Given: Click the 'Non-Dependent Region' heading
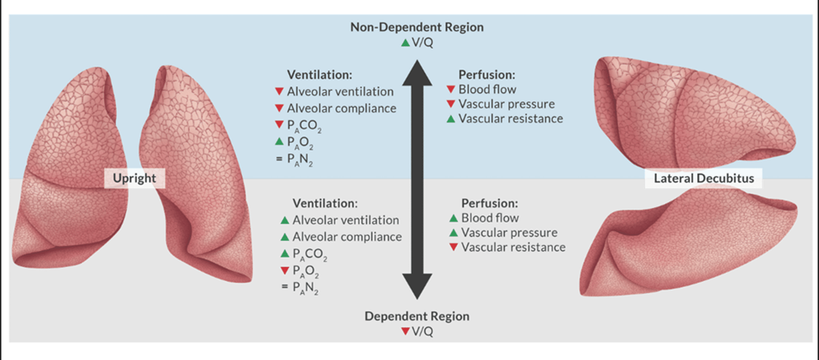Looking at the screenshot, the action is [x=417, y=27].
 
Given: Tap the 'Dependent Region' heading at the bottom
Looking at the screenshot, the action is [x=417, y=316].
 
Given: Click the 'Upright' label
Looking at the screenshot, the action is [x=134, y=178].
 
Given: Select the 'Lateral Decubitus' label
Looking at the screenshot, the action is [x=704, y=178].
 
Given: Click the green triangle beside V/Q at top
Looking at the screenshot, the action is [x=405, y=43].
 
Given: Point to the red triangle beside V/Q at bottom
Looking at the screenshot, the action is [x=405, y=331].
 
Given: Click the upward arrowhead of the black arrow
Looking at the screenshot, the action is [x=417, y=73].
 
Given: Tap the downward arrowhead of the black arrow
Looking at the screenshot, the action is [x=417, y=287].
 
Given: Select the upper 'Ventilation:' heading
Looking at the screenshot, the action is [x=320, y=75].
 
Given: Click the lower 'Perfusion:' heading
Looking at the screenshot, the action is [x=490, y=203].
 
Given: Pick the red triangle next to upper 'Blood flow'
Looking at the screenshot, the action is [x=451, y=89].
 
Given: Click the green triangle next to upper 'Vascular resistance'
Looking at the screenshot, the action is [x=451, y=118].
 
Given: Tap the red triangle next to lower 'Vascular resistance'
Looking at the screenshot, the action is [x=453, y=247].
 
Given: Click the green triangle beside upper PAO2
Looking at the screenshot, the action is [x=279, y=141].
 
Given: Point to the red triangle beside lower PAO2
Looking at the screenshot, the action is [x=285, y=271].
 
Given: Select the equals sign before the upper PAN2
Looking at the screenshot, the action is [x=279, y=159].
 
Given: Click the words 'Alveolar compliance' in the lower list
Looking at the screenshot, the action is [x=347, y=237].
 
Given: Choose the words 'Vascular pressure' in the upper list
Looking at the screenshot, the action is [x=506, y=104].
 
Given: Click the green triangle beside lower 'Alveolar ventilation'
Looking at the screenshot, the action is [x=285, y=220].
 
